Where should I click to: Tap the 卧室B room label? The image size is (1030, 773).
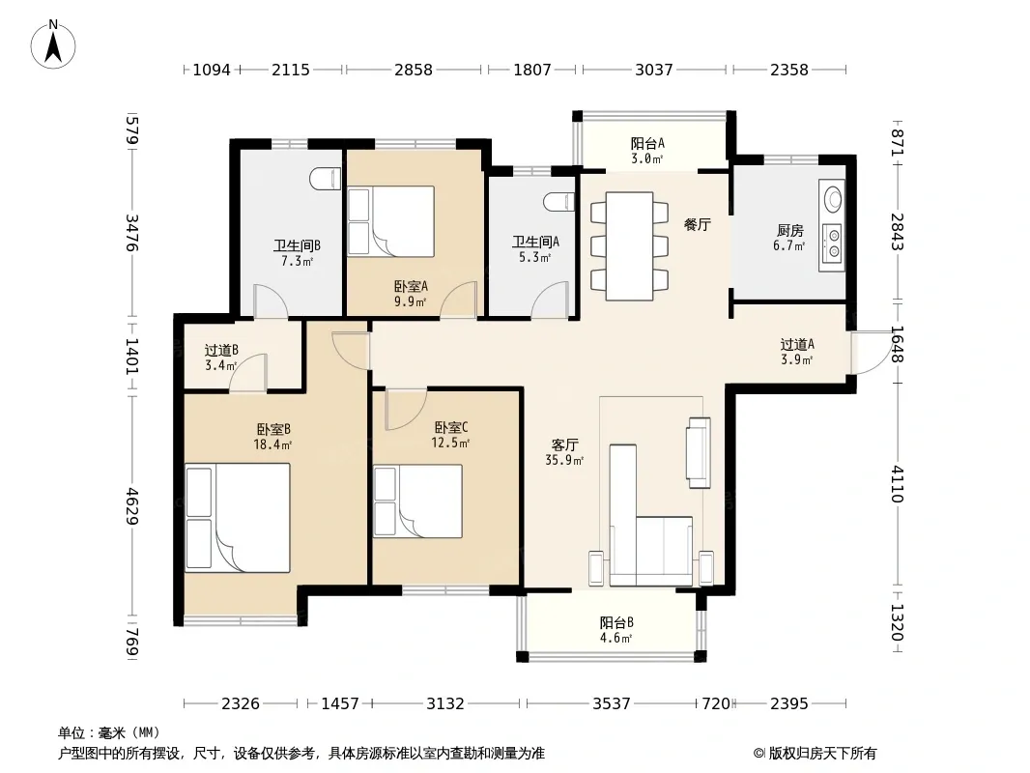tap(273, 430)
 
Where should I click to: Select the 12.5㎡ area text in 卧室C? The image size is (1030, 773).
tap(450, 444)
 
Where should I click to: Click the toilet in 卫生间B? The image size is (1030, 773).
tap(326, 180)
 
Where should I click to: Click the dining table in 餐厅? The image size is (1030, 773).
tap(629, 246)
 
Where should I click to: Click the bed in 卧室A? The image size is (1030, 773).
tap(391, 221)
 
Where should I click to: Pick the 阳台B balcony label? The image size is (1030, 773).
tap(616, 622)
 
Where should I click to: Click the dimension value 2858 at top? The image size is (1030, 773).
tap(414, 70)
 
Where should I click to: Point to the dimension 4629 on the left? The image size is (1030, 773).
tap(132, 505)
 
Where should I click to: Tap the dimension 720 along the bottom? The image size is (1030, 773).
tap(716, 704)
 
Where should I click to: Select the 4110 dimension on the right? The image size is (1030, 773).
tap(898, 483)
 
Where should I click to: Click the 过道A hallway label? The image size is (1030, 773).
tap(797, 345)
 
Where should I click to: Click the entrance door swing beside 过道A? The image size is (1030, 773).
tap(871, 354)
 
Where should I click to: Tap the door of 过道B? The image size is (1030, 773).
tap(247, 373)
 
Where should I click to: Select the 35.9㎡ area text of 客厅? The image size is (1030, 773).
tap(564, 460)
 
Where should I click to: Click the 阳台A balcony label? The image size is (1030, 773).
tap(647, 143)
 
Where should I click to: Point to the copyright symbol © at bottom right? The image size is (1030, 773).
tap(758, 754)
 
